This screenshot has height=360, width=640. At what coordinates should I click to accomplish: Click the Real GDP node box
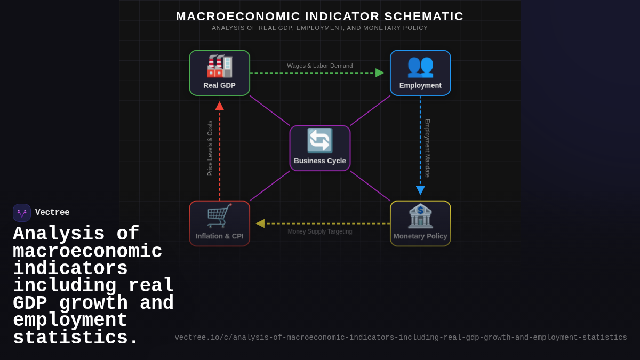click(219, 73)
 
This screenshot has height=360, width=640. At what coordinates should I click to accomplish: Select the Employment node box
click(420, 73)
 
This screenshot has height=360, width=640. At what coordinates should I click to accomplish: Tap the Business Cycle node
click(320, 148)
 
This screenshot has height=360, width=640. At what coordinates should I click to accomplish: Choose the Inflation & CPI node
click(219, 223)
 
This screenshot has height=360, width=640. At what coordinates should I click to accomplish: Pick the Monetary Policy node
click(420, 223)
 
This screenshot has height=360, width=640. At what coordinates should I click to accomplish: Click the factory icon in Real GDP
click(219, 66)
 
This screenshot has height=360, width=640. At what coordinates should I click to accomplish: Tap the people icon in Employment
click(420, 66)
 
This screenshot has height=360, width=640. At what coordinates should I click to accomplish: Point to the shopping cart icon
click(219, 216)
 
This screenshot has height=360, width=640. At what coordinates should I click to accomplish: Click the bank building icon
click(420, 216)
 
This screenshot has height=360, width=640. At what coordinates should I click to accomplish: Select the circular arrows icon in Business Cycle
click(320, 141)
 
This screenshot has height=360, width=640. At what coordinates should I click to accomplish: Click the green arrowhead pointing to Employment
click(380, 73)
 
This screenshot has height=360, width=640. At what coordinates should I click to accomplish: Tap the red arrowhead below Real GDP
click(219, 106)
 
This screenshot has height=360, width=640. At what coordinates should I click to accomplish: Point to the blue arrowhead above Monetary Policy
click(420, 190)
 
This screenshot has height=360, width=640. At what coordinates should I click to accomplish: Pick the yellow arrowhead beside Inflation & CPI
click(260, 223)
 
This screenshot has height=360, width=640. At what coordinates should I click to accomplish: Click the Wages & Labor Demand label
click(320, 66)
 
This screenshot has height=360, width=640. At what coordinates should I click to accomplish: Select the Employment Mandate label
click(427, 148)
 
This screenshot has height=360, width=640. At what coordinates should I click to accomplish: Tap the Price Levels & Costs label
click(210, 148)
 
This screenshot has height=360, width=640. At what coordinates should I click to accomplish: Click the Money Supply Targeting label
click(320, 231)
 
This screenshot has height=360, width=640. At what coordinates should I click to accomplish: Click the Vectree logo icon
click(22, 213)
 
